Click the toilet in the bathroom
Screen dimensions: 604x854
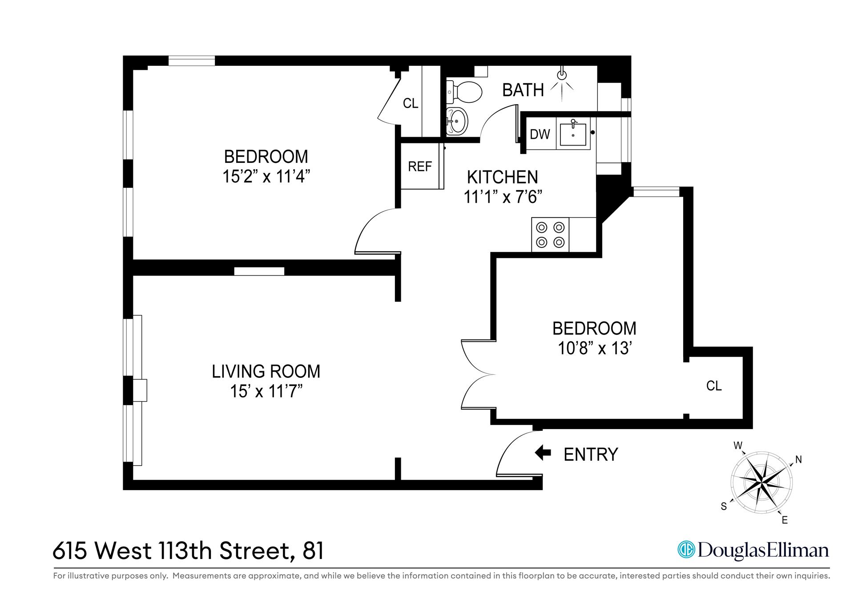pos(465,92)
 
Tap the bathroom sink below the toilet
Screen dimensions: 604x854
pos(457,121)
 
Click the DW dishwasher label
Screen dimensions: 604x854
pos(540,134)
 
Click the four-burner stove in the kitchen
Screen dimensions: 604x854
pos(550,235)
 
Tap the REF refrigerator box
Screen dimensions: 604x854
pos(420,166)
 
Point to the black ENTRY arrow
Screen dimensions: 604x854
pos(543,454)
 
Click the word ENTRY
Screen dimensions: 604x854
pos(591,454)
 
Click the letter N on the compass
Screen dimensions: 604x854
pos(798,460)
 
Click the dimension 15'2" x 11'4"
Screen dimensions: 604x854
pos(266,177)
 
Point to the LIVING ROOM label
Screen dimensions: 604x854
pos(266,371)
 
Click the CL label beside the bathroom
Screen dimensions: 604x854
pos(411,103)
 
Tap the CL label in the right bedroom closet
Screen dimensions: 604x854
pos(714,385)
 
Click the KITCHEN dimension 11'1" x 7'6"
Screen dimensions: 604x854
pos(503,196)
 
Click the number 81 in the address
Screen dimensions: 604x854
pos(313,551)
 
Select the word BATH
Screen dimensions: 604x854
pos(523,90)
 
